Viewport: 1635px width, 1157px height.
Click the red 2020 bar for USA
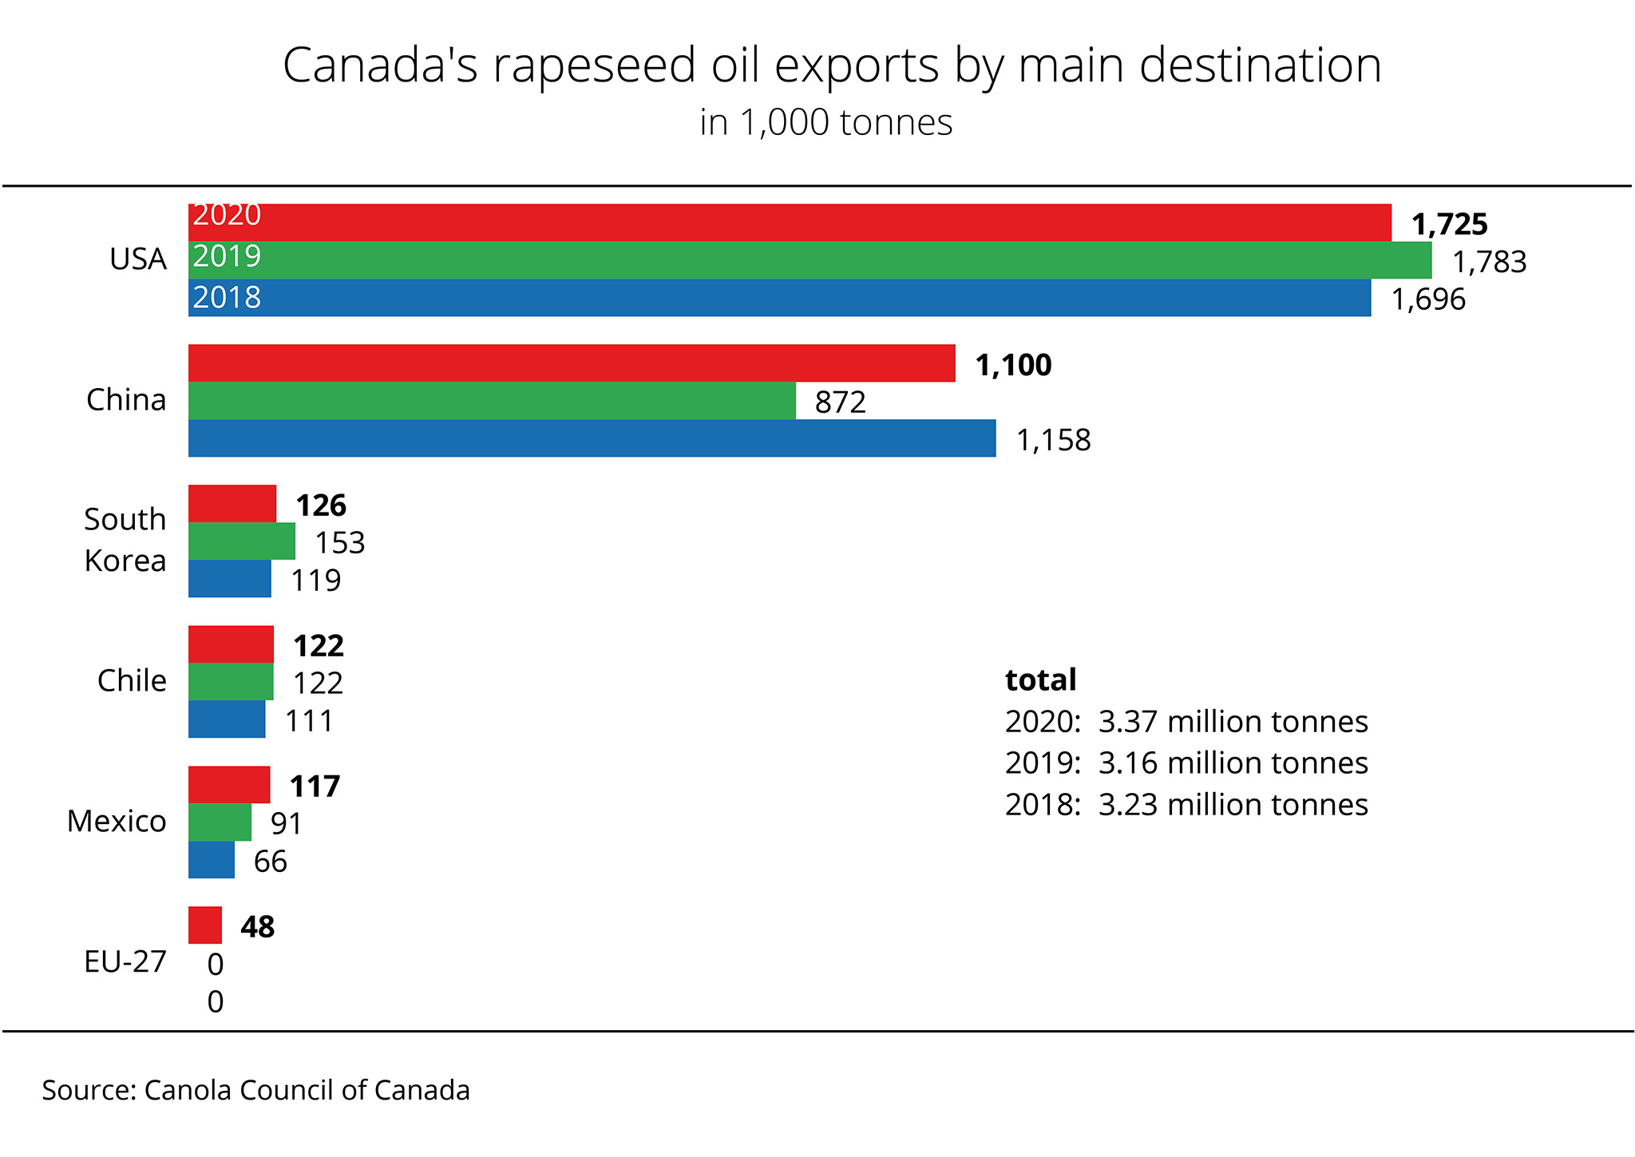pos(790,222)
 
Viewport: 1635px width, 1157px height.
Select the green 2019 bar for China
pos(492,400)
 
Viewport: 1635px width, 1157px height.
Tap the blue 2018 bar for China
pos(592,438)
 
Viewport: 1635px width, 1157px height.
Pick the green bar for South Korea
pos(241,541)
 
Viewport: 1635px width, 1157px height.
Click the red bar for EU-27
pos(205,925)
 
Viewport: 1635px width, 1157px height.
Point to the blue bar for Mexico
pos(212,859)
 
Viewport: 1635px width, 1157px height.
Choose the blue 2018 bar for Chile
pos(227,719)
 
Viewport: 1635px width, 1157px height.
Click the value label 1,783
pos(1489,262)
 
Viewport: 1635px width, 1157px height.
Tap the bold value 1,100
pos(1013,365)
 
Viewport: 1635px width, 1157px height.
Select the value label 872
pos(840,402)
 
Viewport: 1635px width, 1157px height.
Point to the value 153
pos(339,543)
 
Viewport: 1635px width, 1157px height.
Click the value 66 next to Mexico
pos(270,862)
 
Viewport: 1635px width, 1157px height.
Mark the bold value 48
pos(257,926)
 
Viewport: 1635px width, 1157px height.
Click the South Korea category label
pos(125,540)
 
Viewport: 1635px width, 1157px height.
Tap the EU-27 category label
pos(125,961)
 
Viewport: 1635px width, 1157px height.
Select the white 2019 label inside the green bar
pos(227,256)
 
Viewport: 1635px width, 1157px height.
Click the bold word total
pos(1040,680)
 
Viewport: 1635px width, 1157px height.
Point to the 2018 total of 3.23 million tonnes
pos(1186,804)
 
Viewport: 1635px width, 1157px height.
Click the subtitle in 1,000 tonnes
pos(825,123)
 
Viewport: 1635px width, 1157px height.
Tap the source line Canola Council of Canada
pos(255,1090)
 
